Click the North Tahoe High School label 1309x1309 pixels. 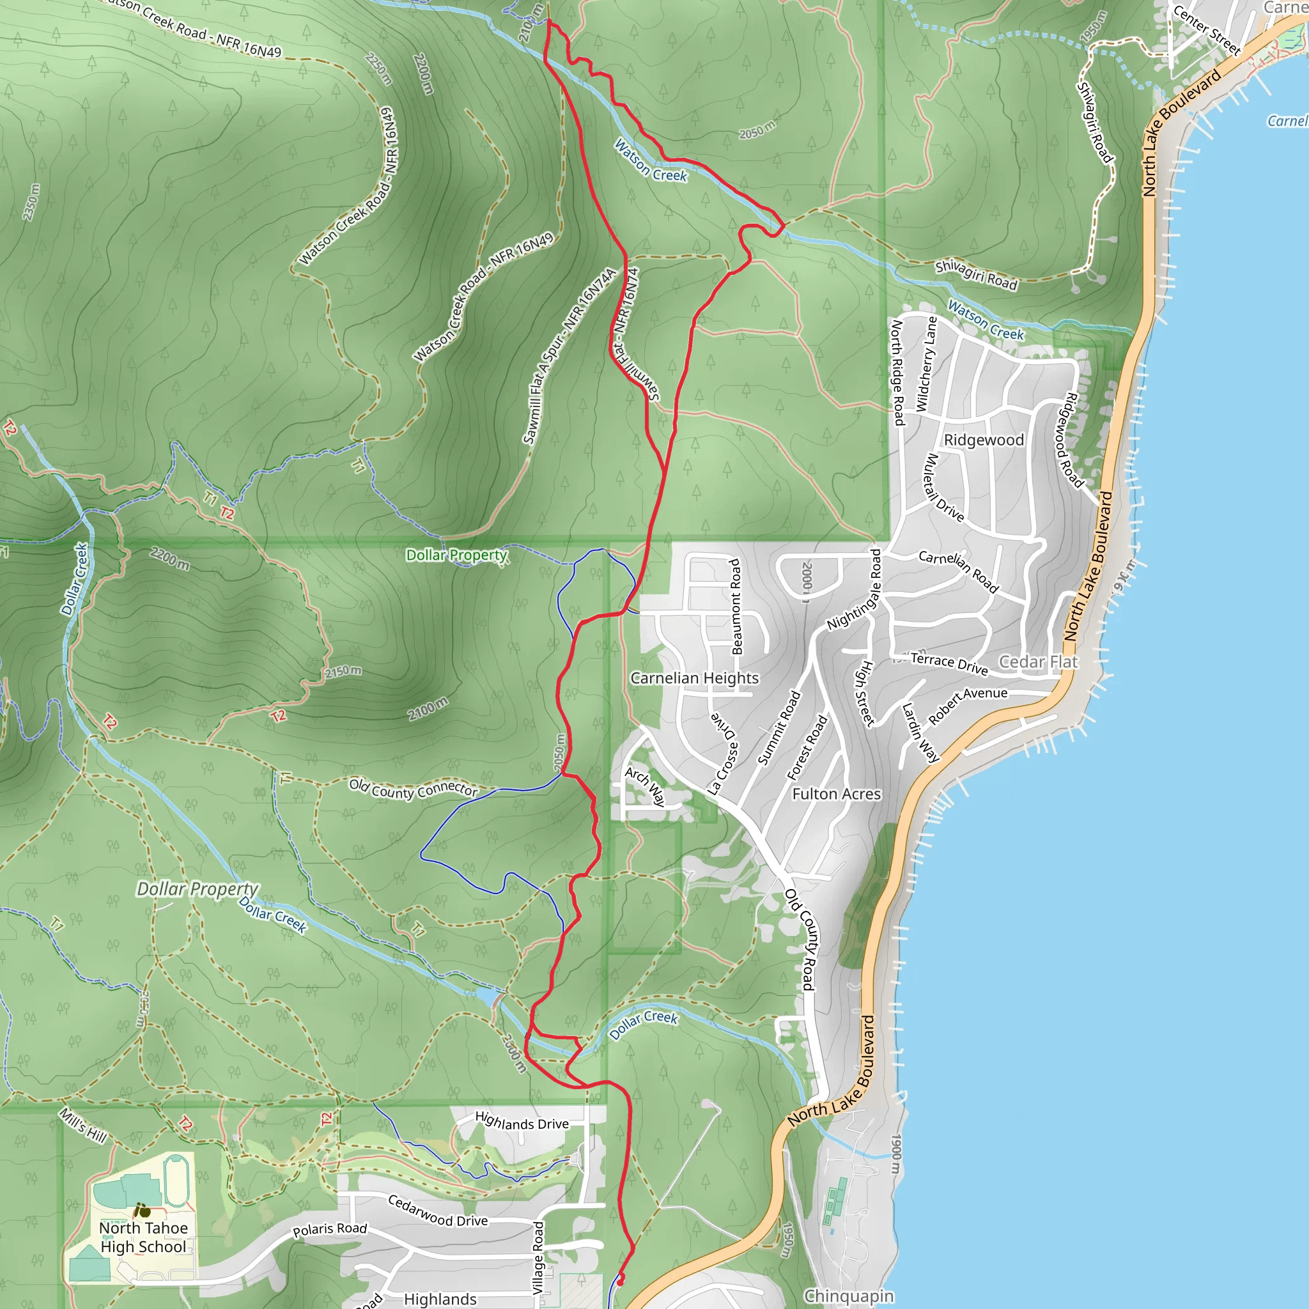coord(143,1237)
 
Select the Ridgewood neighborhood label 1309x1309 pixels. coord(983,440)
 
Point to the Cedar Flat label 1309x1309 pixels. coord(1037,662)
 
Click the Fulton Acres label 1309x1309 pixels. coord(836,793)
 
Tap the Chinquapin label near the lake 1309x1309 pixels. coord(848,1296)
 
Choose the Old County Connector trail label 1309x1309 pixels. coord(414,788)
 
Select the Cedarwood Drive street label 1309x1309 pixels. coord(438,1211)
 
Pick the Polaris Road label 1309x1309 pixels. coord(330,1229)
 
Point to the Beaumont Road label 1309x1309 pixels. coord(736,607)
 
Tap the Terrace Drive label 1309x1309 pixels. coord(949,663)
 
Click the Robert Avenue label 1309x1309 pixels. coord(967,704)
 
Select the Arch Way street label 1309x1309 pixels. coord(644,786)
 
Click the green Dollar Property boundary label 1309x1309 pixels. coord(456,555)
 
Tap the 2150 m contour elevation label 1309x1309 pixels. coord(343,672)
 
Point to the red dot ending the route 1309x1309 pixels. coord(620,1280)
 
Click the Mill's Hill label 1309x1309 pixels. coord(83,1126)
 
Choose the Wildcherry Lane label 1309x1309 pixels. coord(926,364)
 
